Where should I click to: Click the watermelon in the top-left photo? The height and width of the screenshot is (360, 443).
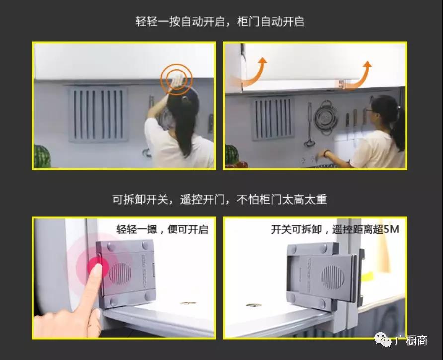(x=42, y=156)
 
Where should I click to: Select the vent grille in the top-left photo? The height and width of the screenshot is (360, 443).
(x=97, y=114)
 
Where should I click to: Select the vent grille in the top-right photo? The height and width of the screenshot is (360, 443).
(x=273, y=118)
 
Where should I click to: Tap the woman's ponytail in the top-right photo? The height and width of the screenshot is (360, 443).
(x=399, y=126)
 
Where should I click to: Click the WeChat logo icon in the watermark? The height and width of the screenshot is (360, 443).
(x=383, y=339)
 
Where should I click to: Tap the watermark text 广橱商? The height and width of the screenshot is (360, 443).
(x=411, y=340)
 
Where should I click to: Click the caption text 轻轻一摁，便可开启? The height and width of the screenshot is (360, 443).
(x=162, y=229)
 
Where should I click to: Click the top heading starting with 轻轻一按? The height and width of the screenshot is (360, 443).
(x=220, y=21)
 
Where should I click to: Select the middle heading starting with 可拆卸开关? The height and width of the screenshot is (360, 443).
(x=220, y=199)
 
